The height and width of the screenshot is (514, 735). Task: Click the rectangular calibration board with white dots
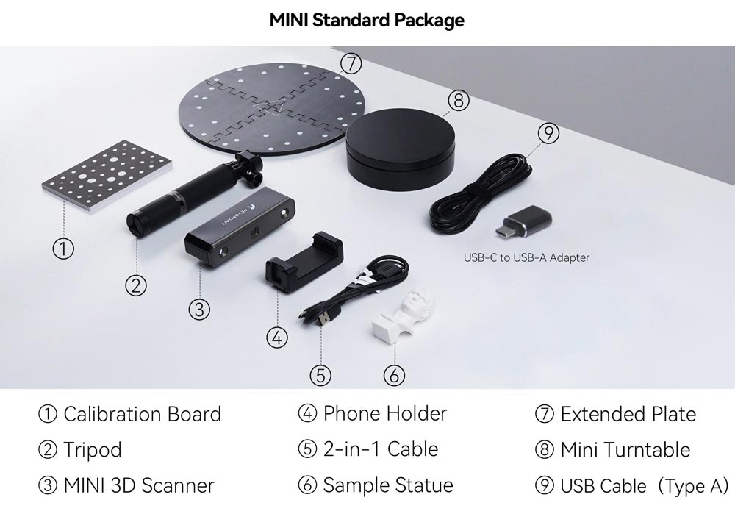point(107,174)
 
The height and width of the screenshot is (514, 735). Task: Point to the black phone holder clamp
point(304,262)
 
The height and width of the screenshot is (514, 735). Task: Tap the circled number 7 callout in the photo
point(351,63)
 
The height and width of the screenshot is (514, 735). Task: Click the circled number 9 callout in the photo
point(548,133)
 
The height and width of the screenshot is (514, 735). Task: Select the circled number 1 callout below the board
point(62,248)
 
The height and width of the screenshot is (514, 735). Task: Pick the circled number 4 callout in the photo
point(276,338)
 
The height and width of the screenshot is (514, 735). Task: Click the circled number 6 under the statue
point(394,375)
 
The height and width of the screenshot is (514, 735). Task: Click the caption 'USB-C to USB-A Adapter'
point(526,257)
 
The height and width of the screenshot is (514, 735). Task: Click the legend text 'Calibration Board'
point(142,414)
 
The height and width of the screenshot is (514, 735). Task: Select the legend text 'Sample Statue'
point(388,485)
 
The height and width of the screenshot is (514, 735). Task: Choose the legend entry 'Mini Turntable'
point(625,450)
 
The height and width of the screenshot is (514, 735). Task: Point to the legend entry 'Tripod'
point(93,450)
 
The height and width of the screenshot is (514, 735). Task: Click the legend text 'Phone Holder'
point(385,414)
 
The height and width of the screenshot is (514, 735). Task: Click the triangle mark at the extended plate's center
point(271,107)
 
